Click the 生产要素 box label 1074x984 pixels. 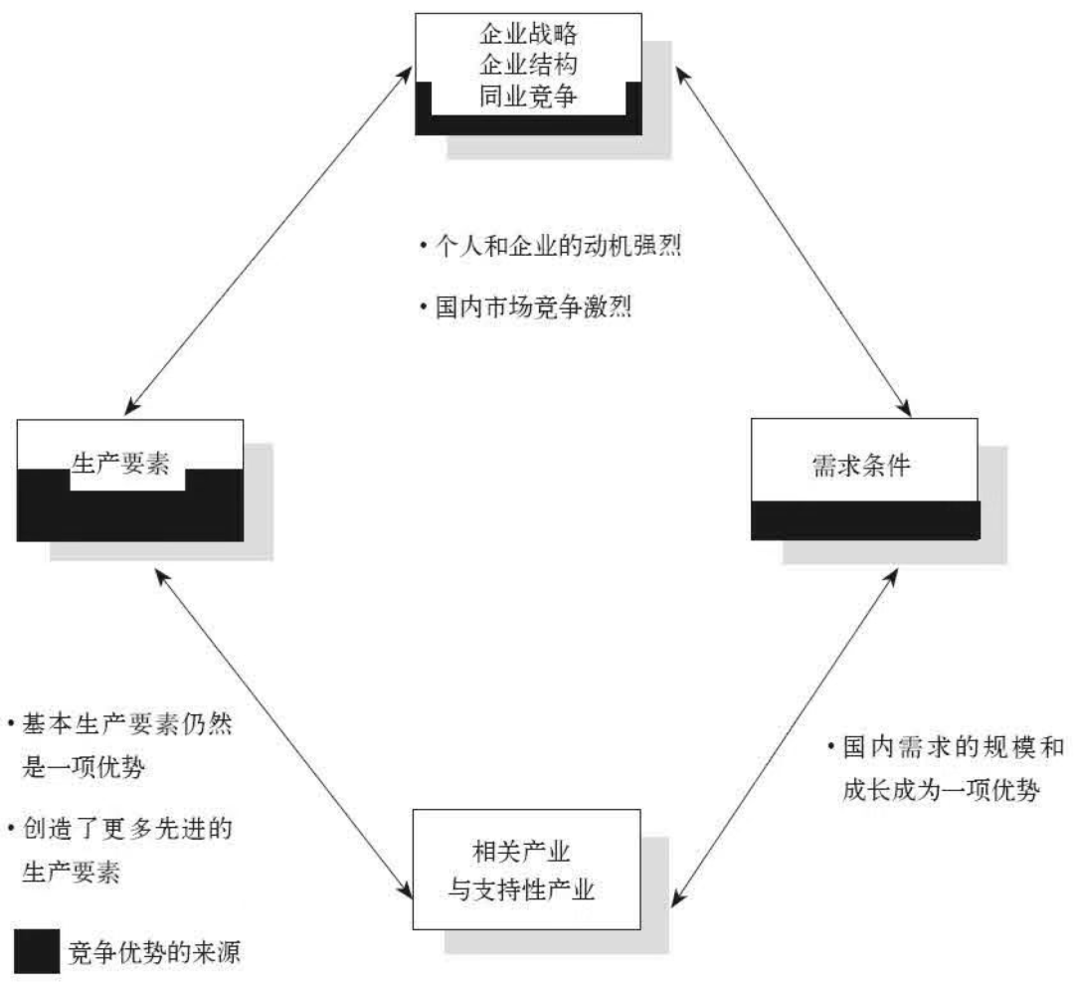tap(126, 465)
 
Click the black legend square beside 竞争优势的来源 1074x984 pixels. tap(36, 951)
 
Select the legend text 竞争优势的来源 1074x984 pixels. tap(153, 952)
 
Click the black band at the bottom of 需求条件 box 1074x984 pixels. tap(865, 519)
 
